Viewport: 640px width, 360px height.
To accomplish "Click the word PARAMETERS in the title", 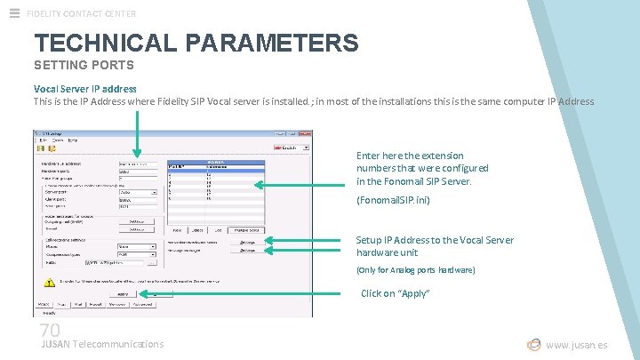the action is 284,43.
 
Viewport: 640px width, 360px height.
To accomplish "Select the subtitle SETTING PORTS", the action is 84,65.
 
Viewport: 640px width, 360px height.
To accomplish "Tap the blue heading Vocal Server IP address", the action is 85,89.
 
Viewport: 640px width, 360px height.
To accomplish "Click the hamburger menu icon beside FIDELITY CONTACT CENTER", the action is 14,13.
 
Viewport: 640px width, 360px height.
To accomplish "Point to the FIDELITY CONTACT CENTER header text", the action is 82,13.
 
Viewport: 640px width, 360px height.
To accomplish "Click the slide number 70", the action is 49,332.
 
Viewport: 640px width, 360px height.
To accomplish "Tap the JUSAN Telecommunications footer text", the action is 101,344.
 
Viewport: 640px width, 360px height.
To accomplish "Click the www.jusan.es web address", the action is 577,345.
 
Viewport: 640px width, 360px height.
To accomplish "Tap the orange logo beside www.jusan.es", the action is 534,345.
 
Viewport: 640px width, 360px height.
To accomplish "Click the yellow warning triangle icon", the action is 41,281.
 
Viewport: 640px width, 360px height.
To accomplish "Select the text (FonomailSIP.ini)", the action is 393,200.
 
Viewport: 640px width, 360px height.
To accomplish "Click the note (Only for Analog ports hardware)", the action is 415,269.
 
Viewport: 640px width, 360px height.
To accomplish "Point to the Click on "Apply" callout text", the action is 396,293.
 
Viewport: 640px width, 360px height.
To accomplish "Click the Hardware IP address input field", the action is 138,164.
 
